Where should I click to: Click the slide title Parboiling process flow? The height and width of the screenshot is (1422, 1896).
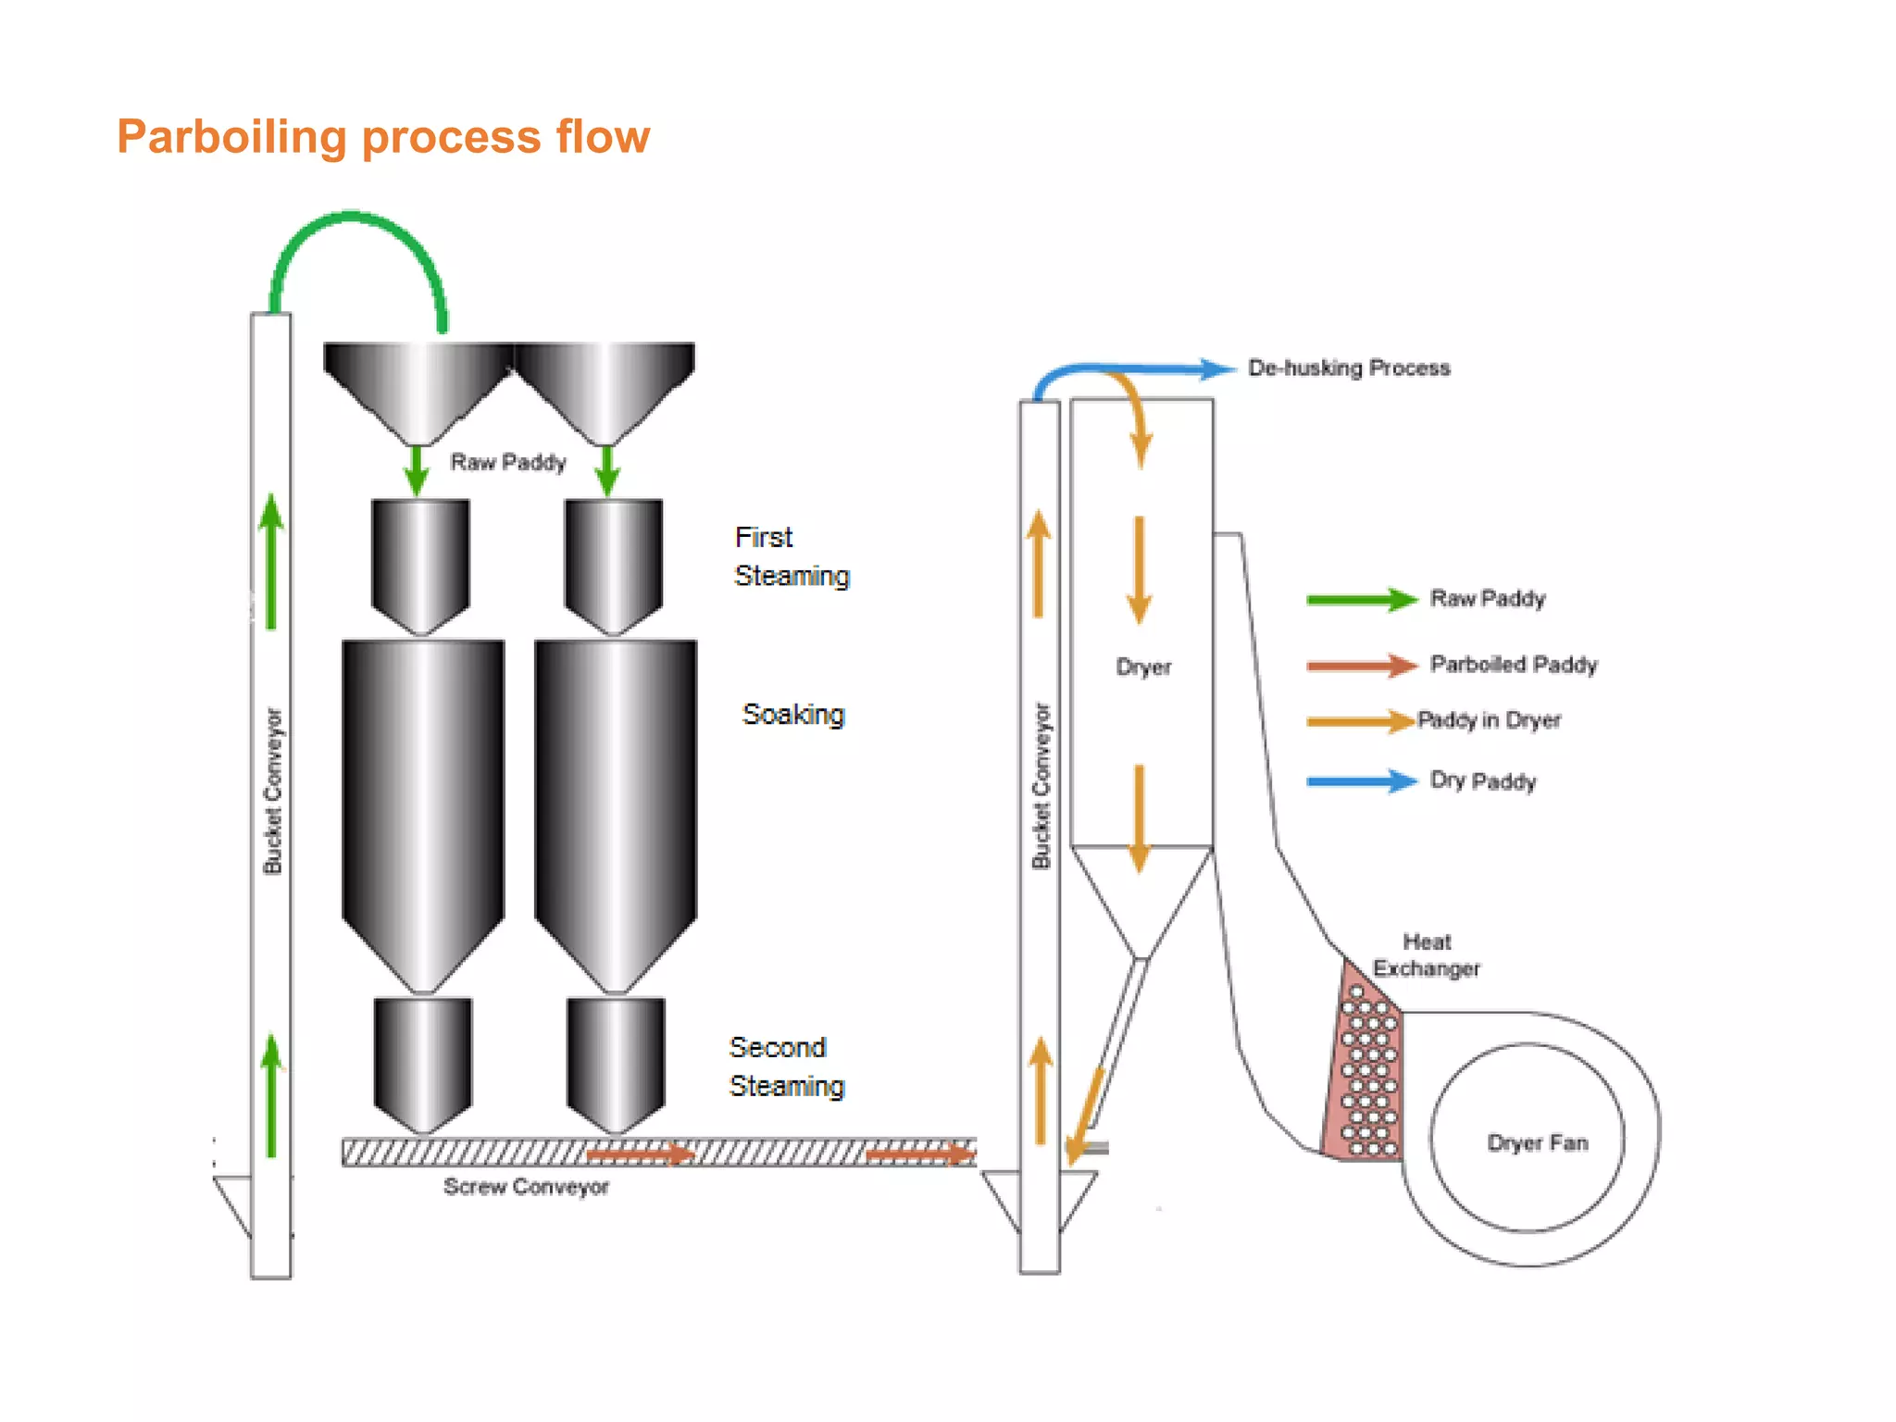(383, 137)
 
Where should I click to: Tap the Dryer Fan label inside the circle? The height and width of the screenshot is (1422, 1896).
(1538, 1142)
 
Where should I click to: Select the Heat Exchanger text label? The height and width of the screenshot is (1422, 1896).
(1427, 955)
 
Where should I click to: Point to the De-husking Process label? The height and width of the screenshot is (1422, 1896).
(1349, 368)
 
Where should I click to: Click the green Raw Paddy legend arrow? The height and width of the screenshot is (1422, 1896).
(1361, 600)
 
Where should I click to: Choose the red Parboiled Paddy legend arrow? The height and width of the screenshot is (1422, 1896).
(1361, 665)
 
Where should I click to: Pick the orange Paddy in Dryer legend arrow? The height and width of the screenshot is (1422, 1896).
(1361, 721)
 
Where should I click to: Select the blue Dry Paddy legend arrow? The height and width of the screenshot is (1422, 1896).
(1361, 781)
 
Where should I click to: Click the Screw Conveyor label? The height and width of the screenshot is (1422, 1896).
(526, 1187)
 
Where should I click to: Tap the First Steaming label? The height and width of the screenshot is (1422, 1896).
(791, 556)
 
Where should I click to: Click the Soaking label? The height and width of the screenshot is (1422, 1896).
(793, 715)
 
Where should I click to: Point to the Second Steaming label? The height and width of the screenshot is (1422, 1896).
(786, 1066)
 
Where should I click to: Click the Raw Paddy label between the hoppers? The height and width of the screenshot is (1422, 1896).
(507, 462)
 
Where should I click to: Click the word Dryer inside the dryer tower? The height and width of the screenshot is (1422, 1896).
(1143, 667)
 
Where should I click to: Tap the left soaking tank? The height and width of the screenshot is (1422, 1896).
(423, 796)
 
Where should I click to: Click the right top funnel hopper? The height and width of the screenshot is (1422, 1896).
(605, 384)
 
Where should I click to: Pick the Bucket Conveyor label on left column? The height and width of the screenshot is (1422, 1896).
(272, 791)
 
